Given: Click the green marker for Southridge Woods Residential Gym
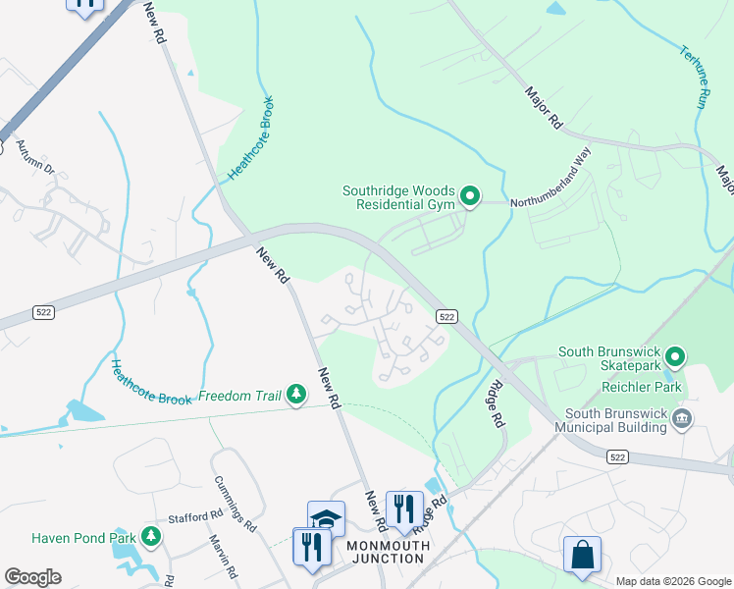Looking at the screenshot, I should coord(470,198).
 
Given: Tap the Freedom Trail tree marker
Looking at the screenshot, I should coord(295,395).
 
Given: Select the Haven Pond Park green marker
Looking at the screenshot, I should coord(150,536).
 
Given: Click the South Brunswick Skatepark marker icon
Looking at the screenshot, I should coord(674,355).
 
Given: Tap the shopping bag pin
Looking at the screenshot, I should coord(582,554).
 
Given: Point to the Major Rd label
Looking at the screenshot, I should coord(543,108).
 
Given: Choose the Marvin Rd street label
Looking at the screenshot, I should coord(224,557).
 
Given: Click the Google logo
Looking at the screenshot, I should coord(32,577).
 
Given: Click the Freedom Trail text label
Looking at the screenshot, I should coord(238,397).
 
